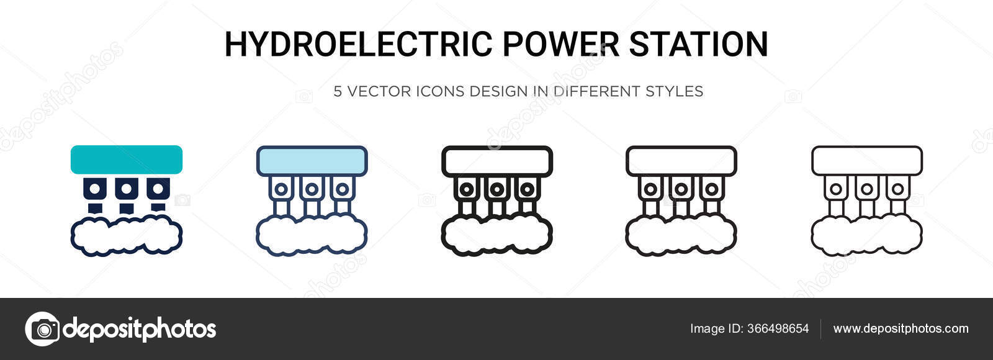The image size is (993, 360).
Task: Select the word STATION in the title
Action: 699,44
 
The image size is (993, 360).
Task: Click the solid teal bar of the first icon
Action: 127,160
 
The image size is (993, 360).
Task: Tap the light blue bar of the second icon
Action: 312,160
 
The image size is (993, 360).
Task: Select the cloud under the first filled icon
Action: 127,236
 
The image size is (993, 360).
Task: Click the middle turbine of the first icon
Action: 127,187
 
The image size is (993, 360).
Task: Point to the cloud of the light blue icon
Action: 312,236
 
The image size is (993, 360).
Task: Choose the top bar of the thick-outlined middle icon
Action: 496,160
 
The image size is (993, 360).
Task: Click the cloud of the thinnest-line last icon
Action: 867,236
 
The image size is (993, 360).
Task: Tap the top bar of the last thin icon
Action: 867,160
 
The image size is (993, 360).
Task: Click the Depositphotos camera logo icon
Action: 42,328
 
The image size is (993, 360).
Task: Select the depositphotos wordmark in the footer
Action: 140,329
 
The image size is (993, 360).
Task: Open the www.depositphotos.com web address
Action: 901,329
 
